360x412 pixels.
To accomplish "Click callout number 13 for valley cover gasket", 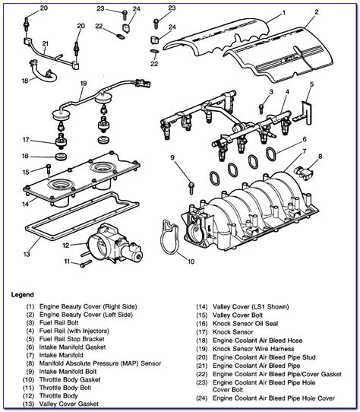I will (27, 253).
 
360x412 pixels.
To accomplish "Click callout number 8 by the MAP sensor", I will (320, 156).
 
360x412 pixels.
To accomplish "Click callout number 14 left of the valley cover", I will (26, 204).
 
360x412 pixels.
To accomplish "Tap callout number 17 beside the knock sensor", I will (27, 139).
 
